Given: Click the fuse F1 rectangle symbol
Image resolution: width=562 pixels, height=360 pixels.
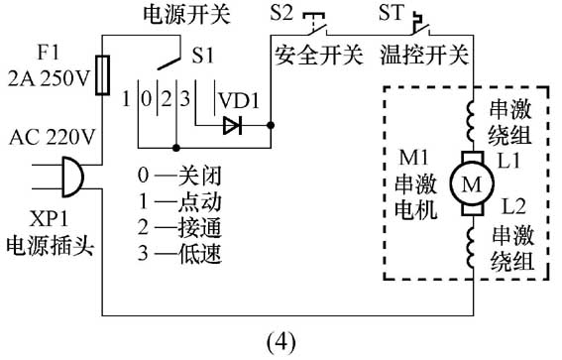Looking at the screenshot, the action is [x=102, y=75].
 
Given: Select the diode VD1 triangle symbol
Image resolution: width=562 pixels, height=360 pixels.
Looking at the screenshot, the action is [x=232, y=126].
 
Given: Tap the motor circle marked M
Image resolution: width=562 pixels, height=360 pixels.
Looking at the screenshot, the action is [x=472, y=183].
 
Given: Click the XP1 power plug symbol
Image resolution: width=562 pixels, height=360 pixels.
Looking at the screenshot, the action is [x=72, y=177].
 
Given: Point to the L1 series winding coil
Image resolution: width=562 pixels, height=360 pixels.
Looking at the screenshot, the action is [x=471, y=122].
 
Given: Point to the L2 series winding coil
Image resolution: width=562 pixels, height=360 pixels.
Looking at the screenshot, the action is [x=471, y=247].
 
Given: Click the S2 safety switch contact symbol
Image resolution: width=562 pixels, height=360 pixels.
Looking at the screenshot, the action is [x=316, y=25].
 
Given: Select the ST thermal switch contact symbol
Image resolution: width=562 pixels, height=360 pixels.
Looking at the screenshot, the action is [x=421, y=24].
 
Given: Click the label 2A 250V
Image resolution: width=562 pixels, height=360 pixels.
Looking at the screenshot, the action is [x=48, y=78].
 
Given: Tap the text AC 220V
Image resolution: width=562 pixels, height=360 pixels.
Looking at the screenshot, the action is [x=52, y=137].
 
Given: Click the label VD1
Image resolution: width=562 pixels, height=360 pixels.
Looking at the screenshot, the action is [x=239, y=101].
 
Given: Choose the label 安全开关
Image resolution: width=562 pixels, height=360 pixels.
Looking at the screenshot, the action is [x=318, y=56].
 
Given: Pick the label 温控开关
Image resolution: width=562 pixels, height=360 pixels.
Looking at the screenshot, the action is [x=424, y=56].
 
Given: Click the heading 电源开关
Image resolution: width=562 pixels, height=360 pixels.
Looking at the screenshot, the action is [x=186, y=15].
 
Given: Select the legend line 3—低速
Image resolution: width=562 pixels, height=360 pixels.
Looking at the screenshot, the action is [x=179, y=253].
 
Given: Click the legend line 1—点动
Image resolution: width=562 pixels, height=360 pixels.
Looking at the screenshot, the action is [x=179, y=201].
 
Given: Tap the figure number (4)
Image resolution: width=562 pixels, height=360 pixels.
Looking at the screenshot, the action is [x=281, y=342].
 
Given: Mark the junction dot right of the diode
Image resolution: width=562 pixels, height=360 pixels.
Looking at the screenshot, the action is [x=271, y=126].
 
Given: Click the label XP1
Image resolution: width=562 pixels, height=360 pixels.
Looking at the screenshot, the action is [x=49, y=218].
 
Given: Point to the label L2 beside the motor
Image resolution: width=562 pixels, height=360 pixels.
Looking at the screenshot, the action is [x=513, y=206].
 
